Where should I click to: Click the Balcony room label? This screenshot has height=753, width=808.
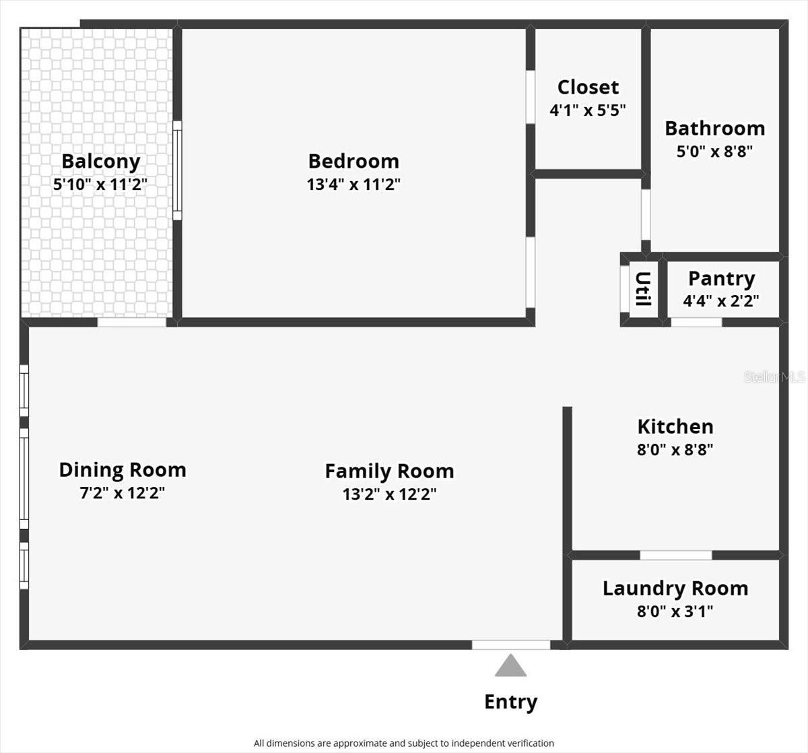coord(100,162)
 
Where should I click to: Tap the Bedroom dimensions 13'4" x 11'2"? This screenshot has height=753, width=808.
coord(353,185)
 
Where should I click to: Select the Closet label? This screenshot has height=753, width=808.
coord(588,88)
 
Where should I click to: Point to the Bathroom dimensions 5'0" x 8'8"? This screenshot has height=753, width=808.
coord(714,151)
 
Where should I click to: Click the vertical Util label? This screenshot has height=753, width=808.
coord(643,289)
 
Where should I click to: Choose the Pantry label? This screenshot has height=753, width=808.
coord(721,278)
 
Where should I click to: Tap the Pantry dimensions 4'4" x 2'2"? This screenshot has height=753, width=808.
coord(721,301)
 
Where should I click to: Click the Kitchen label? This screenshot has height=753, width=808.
coord(675,426)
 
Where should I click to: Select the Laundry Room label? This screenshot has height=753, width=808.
coord(675,589)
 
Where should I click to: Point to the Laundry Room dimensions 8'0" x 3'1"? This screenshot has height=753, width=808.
coord(675,612)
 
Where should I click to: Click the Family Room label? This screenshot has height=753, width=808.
coord(389,471)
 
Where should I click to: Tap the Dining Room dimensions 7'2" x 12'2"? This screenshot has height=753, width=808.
coord(122,493)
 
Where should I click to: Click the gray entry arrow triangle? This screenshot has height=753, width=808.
coord(510,667)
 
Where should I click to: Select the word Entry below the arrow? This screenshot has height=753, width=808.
coord(510,702)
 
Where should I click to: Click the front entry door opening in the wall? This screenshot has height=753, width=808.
coord(510,645)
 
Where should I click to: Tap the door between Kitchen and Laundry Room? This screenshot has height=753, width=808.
coord(675,555)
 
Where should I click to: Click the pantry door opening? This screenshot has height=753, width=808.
coord(696,322)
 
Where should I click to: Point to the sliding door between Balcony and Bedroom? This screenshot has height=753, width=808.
coord(177,170)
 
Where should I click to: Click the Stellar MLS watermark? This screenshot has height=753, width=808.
coord(774,377)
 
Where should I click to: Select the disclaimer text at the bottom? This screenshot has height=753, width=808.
coord(403,744)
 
